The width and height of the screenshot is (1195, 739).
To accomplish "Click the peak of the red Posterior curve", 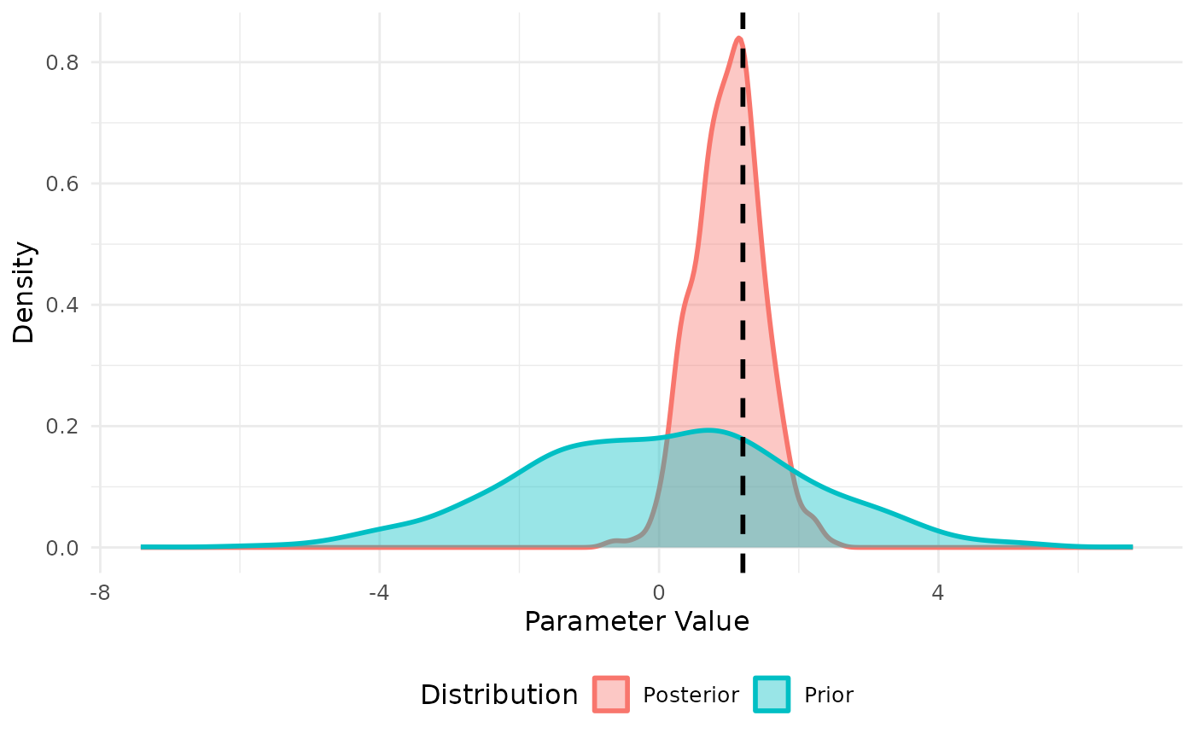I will [x=738, y=38].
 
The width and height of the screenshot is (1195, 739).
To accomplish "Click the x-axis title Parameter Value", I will [x=637, y=622].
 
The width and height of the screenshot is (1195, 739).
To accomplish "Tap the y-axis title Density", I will [x=25, y=292].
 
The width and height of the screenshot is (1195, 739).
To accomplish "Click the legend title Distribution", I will [x=498, y=695].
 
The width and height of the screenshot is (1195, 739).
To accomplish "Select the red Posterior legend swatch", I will [x=610, y=695].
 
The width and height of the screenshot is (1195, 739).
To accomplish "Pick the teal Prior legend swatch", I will [x=772, y=695].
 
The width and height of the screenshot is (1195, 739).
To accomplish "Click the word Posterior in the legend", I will [x=691, y=695].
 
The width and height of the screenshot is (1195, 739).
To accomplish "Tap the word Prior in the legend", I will [x=828, y=695].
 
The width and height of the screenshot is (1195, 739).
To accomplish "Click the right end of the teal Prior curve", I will [x=1131, y=547].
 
